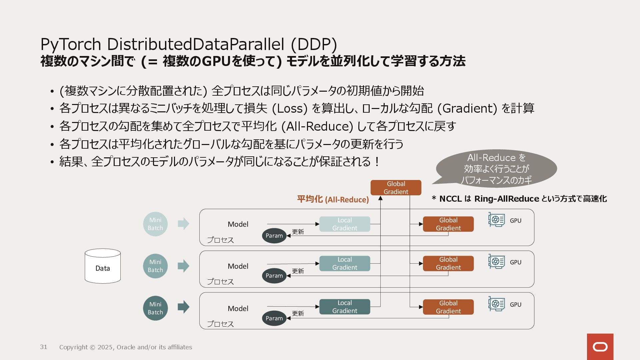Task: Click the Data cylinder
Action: (103, 266)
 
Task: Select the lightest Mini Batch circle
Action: (155, 224)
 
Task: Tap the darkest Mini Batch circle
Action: (155, 308)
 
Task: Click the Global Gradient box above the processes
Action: (396, 188)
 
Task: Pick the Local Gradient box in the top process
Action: (345, 224)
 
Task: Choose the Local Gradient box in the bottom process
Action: (345, 307)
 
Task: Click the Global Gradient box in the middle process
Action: (448, 263)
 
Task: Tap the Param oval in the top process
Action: (274, 236)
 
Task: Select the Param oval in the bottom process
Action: (274, 318)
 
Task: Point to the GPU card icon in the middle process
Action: (496, 262)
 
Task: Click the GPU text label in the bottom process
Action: (515, 304)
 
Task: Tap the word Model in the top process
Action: (238, 224)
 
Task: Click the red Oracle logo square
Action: (600, 347)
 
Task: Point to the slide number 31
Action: (44, 347)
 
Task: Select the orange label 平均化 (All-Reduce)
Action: (333, 199)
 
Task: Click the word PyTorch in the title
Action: (71, 44)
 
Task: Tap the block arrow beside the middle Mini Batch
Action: (183, 266)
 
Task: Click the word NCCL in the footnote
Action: (450, 199)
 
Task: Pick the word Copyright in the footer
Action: (73, 347)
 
